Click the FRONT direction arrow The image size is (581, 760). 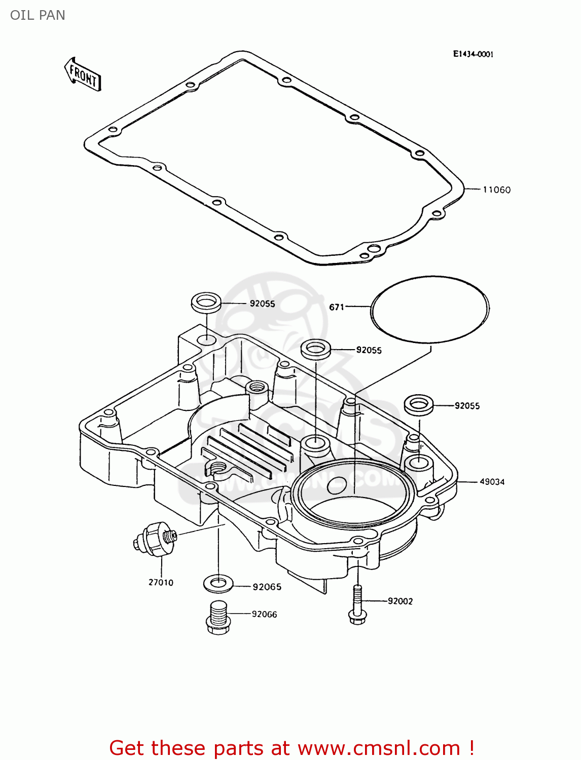(x=83, y=74)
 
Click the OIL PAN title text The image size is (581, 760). (x=38, y=15)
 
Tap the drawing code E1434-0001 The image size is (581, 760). (x=473, y=54)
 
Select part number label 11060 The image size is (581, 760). (x=496, y=190)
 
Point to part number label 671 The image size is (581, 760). (x=337, y=307)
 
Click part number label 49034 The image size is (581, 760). (x=492, y=482)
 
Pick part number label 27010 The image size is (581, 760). (x=161, y=583)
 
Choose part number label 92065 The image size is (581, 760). (x=267, y=587)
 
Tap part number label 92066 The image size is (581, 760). (x=264, y=614)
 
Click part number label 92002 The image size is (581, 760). (x=400, y=601)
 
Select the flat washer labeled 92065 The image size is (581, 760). (x=218, y=583)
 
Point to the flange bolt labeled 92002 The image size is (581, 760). (x=357, y=605)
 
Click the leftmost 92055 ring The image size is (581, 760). (x=205, y=302)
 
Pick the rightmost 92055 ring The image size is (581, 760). (x=418, y=404)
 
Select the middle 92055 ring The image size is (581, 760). (x=316, y=349)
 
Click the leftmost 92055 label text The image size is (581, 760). (x=262, y=303)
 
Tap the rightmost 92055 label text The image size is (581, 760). (x=467, y=406)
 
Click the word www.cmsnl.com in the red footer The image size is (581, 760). (x=378, y=748)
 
